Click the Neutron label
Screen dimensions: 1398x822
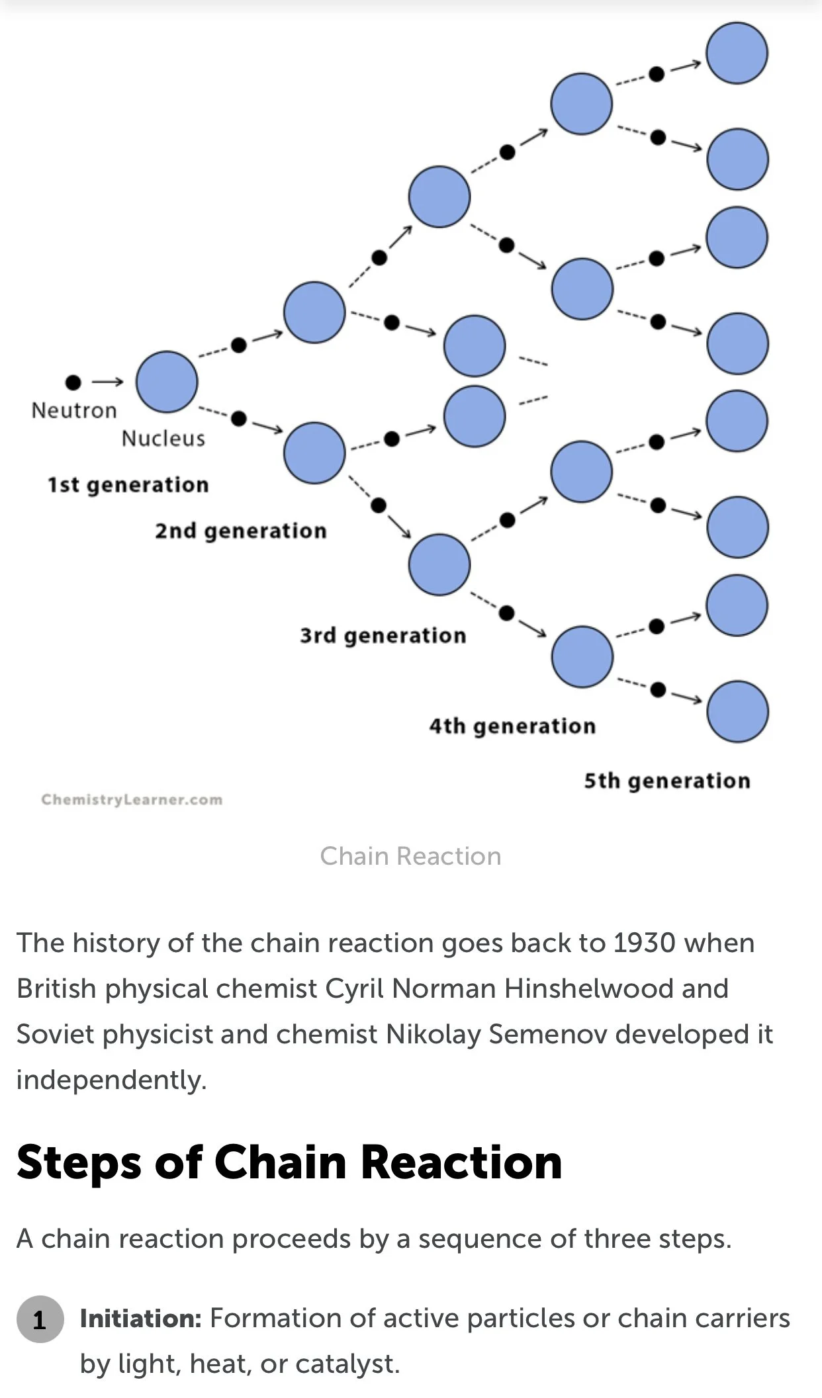73,410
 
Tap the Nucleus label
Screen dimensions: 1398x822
163,438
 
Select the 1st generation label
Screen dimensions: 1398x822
128,484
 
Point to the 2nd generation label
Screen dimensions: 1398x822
241,531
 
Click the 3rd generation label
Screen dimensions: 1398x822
383,635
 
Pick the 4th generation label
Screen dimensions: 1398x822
512,726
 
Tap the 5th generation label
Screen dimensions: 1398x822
667,781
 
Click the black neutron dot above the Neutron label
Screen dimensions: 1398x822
73,382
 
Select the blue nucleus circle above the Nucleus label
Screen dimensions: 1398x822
167,382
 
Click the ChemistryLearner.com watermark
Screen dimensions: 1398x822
132,799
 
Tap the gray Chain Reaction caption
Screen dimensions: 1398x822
410,856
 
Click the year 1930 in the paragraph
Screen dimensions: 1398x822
644,943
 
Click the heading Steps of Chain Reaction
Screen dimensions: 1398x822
289,1162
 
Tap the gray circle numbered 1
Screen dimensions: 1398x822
40,1319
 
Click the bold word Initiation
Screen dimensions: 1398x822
140,1319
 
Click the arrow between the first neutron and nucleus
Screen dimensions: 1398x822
107,382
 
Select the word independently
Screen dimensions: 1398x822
111,1080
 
